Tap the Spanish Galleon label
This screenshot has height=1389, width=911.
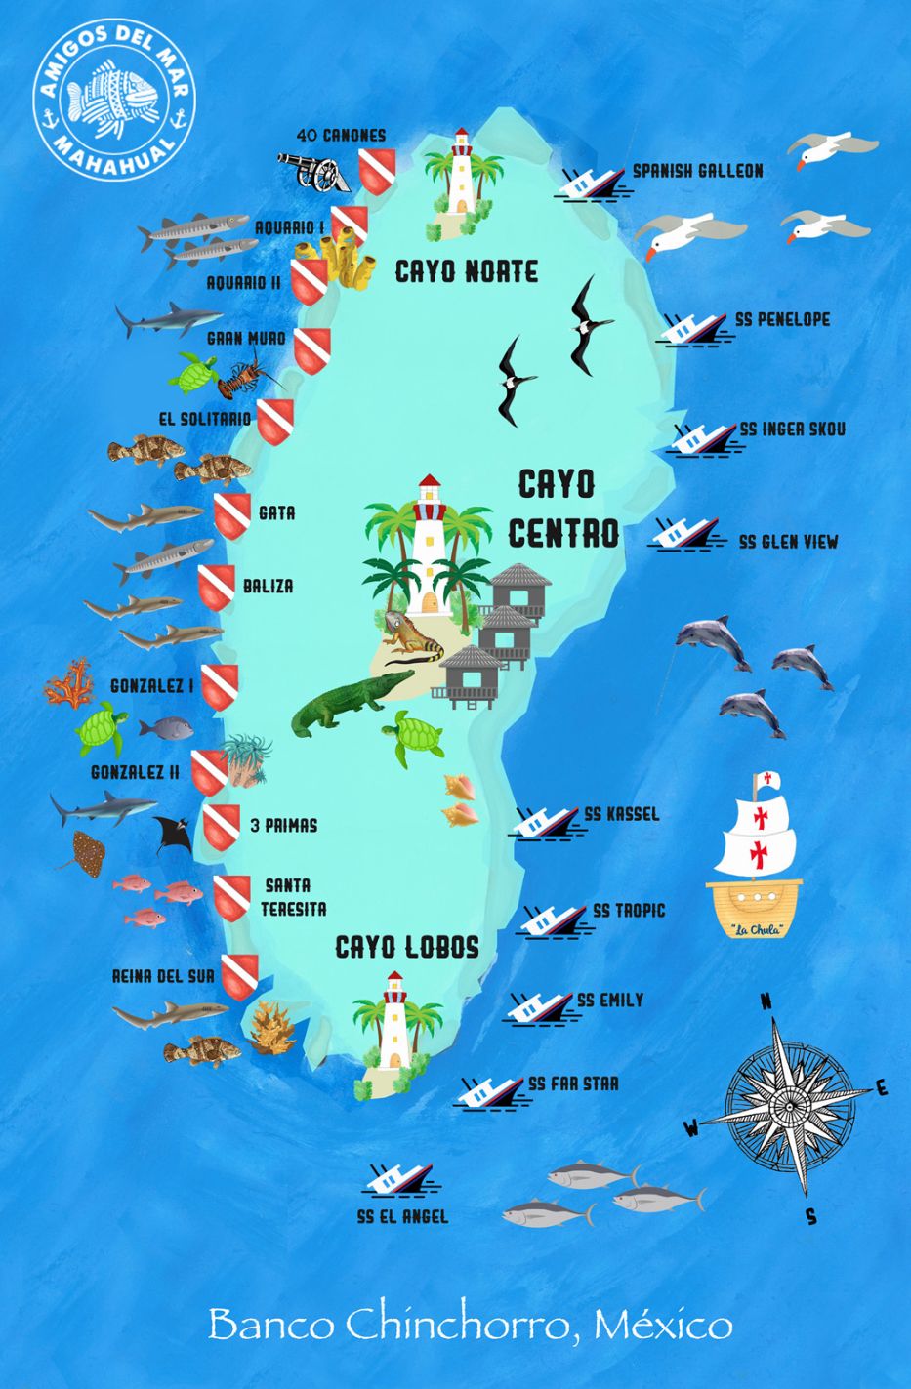[697, 171]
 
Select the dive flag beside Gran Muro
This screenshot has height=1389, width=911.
[312, 351]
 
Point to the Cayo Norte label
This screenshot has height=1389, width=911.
[466, 271]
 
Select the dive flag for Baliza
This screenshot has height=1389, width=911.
[217, 588]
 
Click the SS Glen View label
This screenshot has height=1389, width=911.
[788, 542]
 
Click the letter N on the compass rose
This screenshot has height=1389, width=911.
[766, 1001]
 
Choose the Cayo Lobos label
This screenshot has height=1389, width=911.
[407, 947]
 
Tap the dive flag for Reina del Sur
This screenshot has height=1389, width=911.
[240, 976]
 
